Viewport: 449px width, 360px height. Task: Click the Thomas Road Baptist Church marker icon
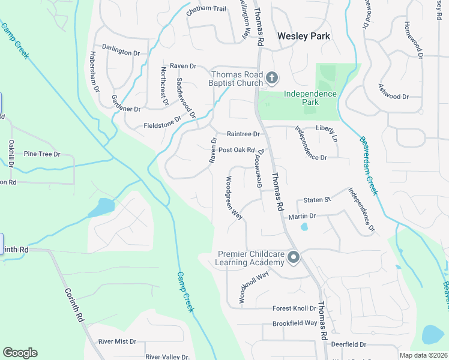pyautogui.click(x=272, y=77)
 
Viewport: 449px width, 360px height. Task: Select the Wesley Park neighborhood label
pyautogui.click(x=304, y=36)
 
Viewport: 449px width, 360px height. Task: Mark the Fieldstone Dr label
pyautogui.click(x=161, y=124)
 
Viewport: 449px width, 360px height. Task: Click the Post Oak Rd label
pyautogui.click(x=237, y=150)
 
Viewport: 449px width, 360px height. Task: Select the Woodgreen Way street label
pyautogui.click(x=234, y=198)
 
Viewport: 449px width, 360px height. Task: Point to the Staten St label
pyautogui.click(x=317, y=199)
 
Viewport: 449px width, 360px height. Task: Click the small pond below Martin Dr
pyautogui.click(x=304, y=227)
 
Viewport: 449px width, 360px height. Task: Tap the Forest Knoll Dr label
pyautogui.click(x=294, y=308)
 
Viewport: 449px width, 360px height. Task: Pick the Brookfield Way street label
pyautogui.click(x=294, y=323)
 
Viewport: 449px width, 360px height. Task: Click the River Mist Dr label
pyautogui.click(x=118, y=341)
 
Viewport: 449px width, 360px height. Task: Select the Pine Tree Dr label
pyautogui.click(x=42, y=154)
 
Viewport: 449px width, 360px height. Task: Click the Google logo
pyautogui.click(x=20, y=353)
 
